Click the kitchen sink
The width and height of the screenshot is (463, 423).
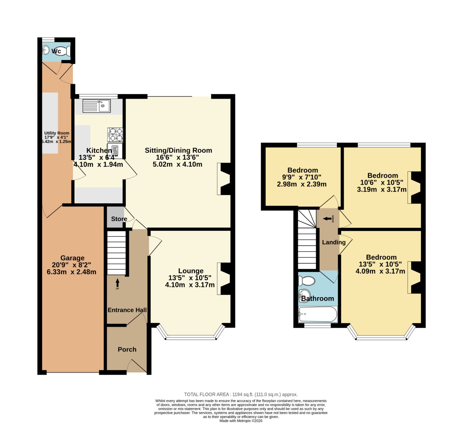tap(96, 106)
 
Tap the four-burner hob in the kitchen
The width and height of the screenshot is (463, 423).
tap(115, 135)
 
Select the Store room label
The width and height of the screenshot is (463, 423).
tap(119, 219)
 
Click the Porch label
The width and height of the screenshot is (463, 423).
tap(127, 349)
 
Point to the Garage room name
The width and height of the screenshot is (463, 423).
tap(72, 258)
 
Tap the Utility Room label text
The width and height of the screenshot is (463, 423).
tap(57, 133)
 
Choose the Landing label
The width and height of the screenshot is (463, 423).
tap(334, 242)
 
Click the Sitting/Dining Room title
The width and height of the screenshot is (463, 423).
tap(179, 150)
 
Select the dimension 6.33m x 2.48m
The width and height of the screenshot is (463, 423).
tap(71, 272)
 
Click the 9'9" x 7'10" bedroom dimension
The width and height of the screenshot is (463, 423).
tap(302, 177)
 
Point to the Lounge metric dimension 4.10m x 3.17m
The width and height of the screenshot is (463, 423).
tap(190, 285)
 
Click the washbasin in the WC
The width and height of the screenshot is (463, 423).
tap(46, 50)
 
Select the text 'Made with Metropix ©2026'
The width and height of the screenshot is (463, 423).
tap(241, 421)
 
